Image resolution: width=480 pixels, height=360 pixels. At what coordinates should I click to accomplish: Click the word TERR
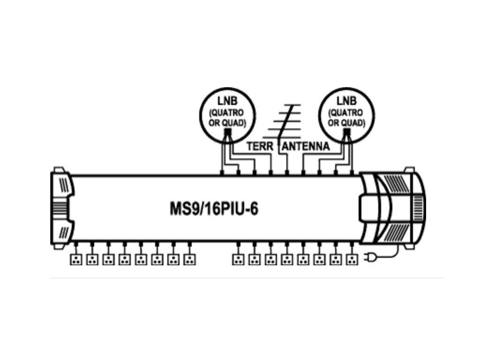click(x=260, y=147)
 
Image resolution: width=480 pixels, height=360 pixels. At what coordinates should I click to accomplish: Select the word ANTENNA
click(x=307, y=147)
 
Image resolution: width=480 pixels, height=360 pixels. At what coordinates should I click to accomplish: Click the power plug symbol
click(x=370, y=258)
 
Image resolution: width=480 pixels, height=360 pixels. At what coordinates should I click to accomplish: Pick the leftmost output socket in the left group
click(x=76, y=259)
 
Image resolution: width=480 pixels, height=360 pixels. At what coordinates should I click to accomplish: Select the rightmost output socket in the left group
click(x=189, y=259)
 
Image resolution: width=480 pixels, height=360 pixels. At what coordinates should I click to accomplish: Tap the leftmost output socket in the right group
click(x=239, y=259)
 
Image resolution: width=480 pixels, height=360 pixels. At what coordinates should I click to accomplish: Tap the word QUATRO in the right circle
click(x=346, y=113)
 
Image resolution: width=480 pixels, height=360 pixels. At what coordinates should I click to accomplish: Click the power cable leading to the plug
click(x=393, y=253)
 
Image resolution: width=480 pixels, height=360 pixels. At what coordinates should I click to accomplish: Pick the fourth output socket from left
click(x=125, y=259)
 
